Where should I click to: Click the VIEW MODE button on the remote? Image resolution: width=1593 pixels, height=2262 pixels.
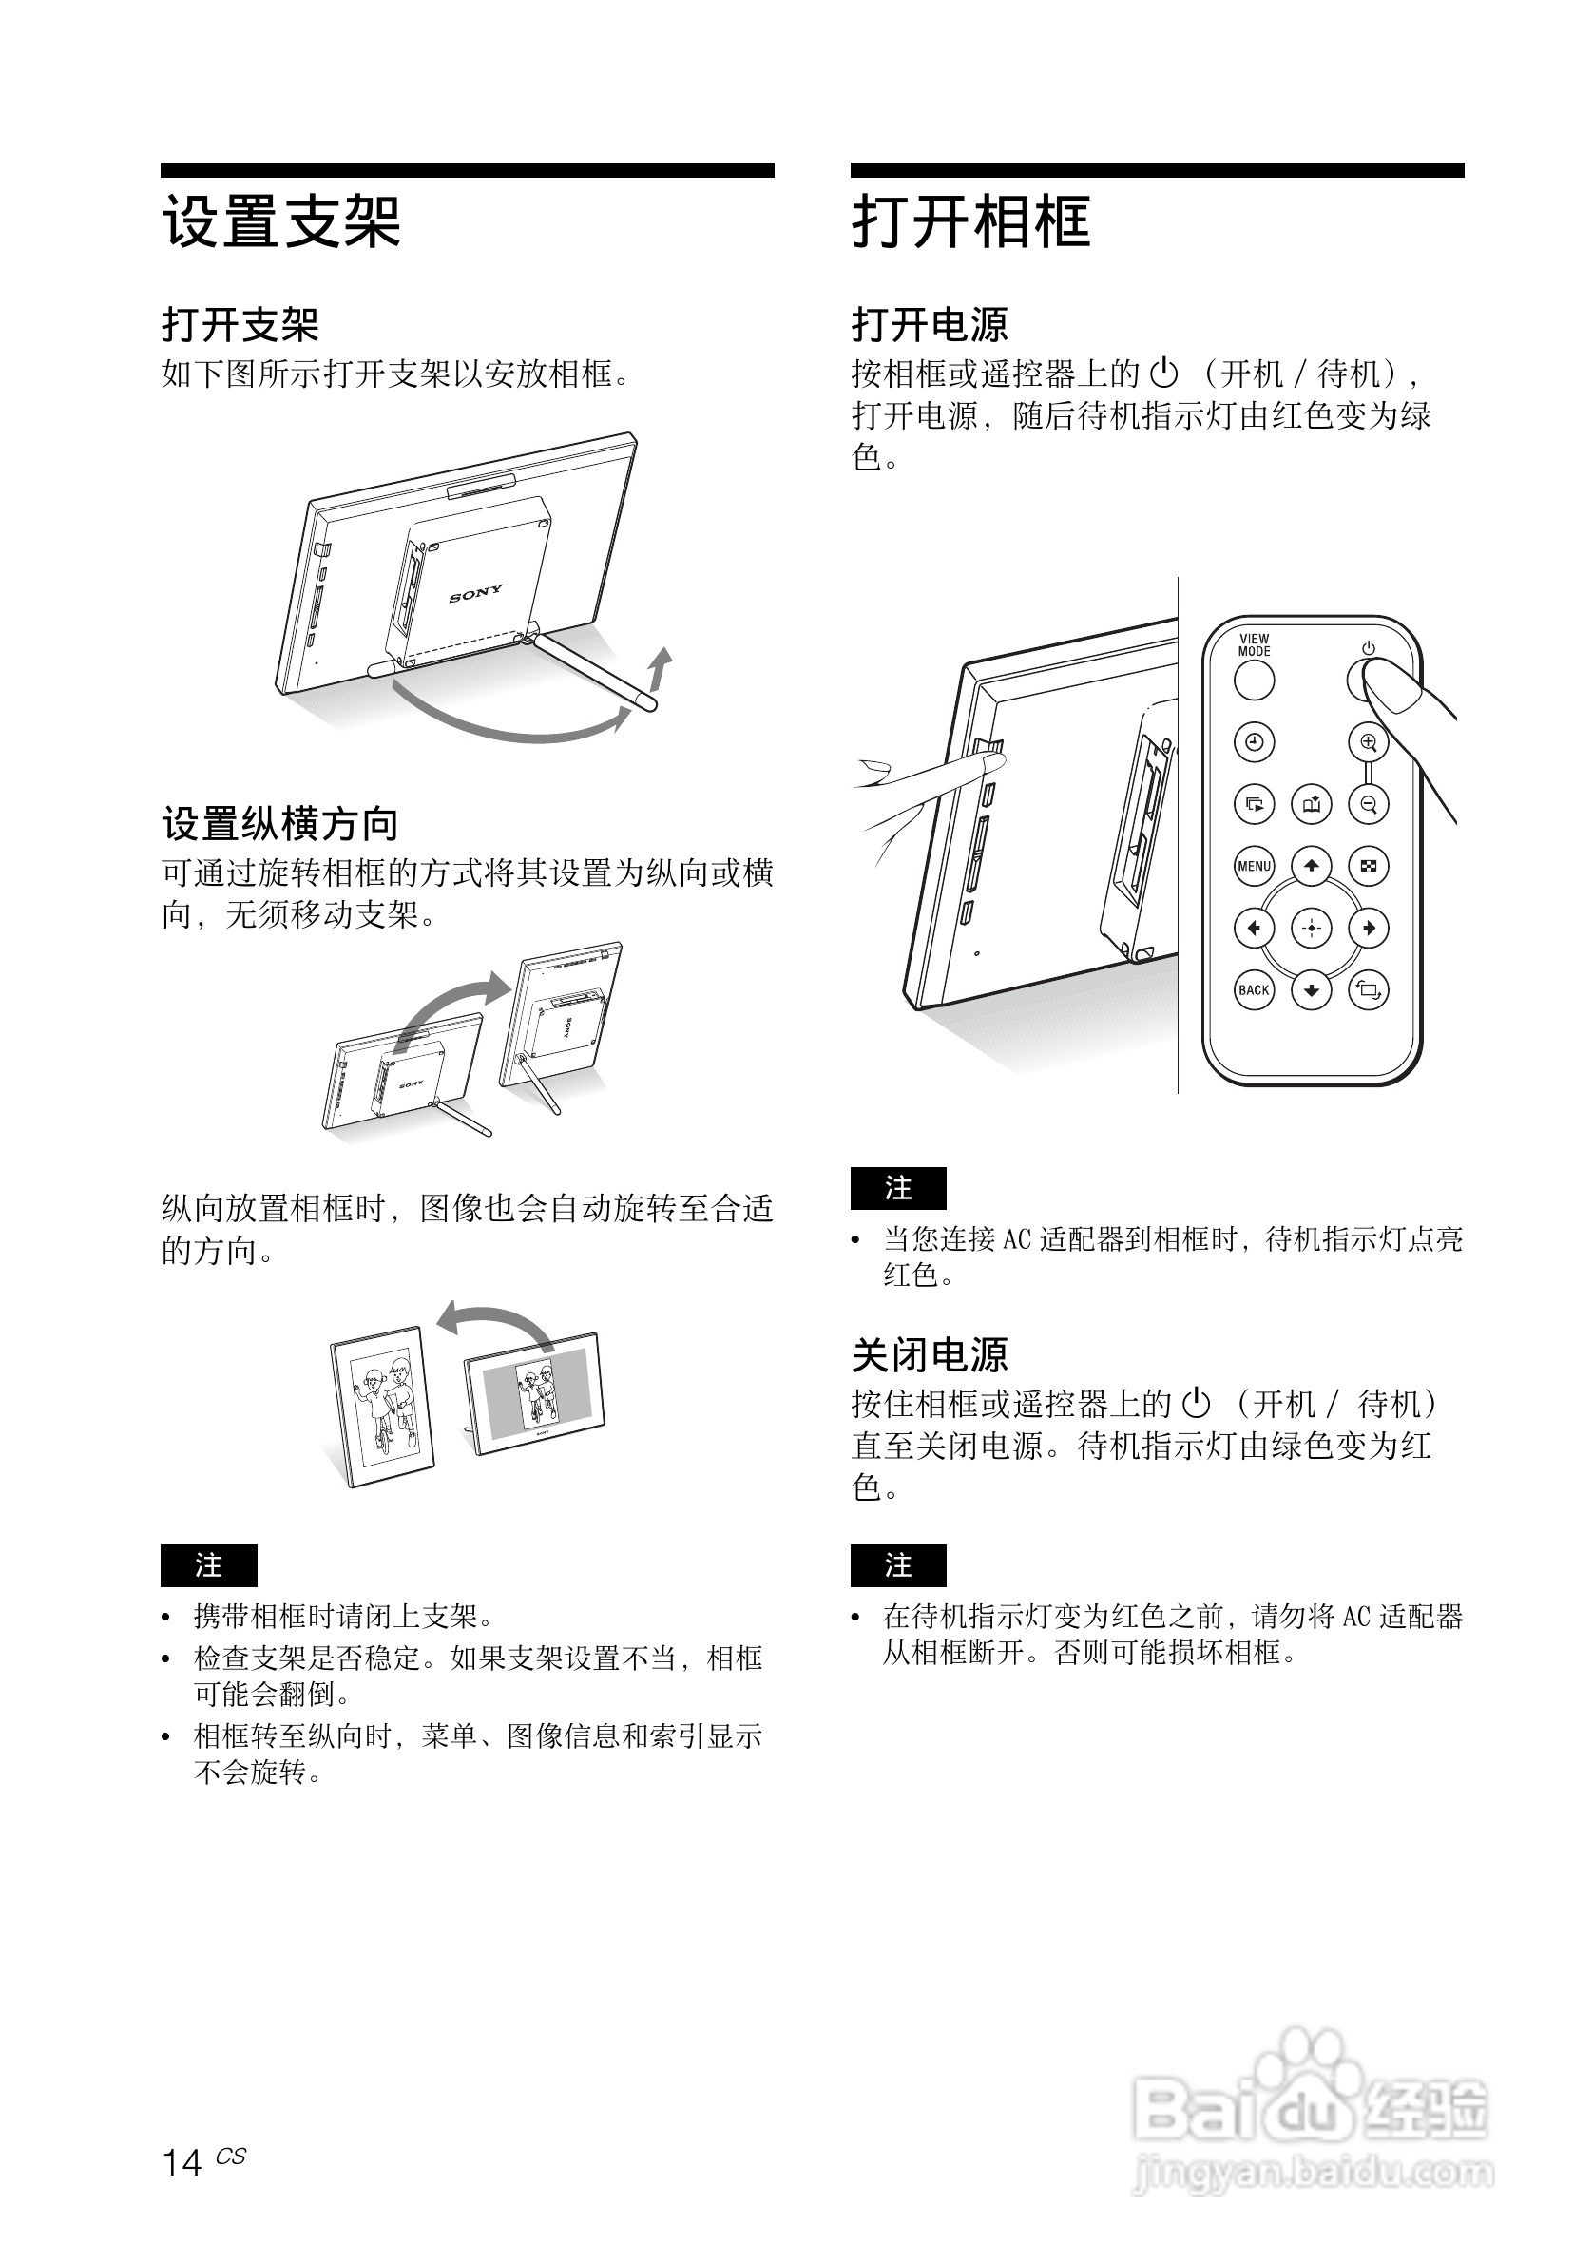[1253, 680]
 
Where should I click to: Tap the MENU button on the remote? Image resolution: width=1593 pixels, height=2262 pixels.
[1253, 866]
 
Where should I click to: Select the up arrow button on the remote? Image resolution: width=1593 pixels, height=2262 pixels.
[1311, 866]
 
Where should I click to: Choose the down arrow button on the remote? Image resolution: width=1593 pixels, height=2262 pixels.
[1311, 990]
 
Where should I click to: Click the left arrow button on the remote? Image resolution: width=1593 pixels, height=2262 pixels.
[1253, 928]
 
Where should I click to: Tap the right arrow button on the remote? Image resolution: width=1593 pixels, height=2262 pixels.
[1368, 928]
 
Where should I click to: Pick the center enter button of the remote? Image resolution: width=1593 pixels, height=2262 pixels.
[1311, 928]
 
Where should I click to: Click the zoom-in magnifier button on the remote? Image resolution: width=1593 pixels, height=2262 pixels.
[1368, 742]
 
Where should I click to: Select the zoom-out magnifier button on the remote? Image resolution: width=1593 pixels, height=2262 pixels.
[1368, 804]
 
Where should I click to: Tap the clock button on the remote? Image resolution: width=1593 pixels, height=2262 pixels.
[1253, 742]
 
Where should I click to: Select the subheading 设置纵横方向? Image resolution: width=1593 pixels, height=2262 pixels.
[279, 824]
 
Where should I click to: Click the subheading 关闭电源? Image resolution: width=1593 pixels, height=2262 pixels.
[930, 1354]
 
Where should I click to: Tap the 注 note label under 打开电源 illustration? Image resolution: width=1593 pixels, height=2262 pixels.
[898, 1188]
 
